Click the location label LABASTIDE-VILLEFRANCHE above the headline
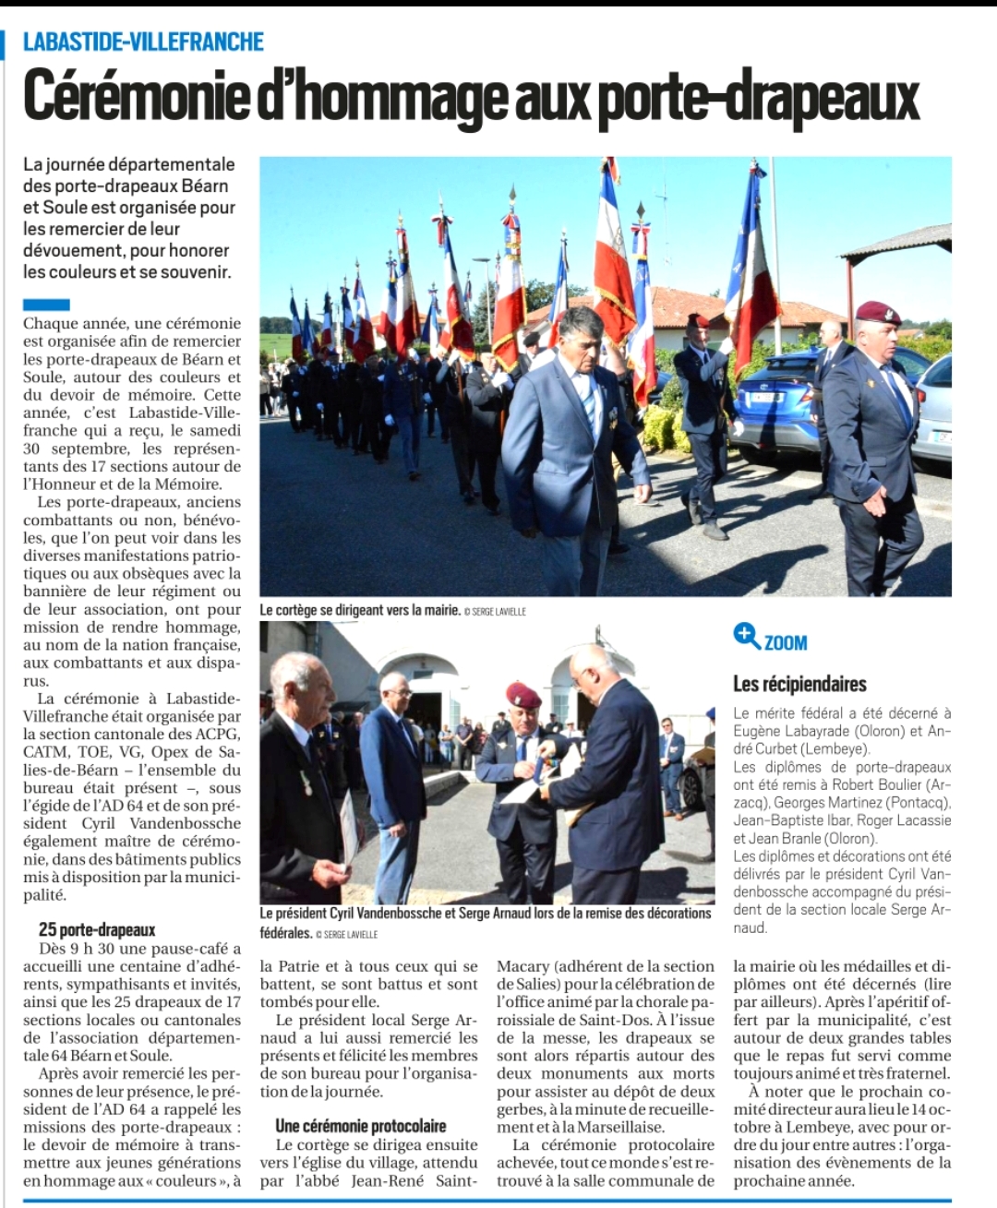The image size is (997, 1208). point(143,42)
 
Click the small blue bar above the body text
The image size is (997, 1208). point(46,304)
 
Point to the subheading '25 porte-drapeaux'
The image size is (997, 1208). point(97,929)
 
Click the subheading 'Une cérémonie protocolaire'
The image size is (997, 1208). point(360,1126)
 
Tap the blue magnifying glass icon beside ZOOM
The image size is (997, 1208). point(746,635)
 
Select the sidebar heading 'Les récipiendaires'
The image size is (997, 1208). point(799,684)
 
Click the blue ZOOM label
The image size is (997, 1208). point(786,642)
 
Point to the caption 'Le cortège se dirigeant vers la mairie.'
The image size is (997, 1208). point(360,609)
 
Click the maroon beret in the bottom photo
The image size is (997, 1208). point(523,693)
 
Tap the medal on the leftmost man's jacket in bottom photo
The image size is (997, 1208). point(305,783)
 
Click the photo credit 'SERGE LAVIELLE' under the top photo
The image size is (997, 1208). point(498,611)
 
